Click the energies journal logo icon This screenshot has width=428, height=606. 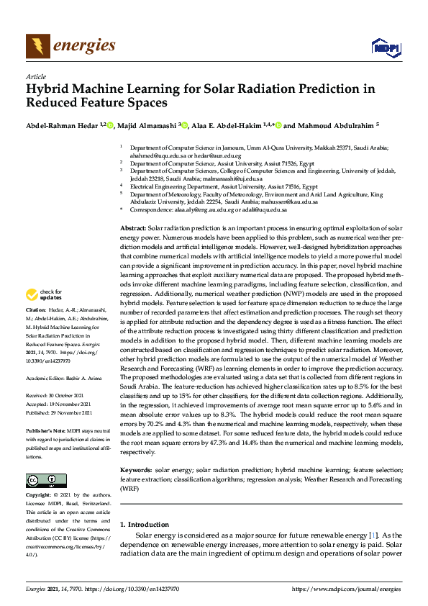[37, 46]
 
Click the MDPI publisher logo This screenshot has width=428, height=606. [381, 47]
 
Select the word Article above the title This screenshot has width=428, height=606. [35, 76]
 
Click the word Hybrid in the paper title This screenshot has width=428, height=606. [47, 90]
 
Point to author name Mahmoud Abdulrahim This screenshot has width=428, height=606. [332, 125]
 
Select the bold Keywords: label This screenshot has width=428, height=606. [137, 470]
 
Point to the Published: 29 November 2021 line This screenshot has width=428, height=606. [62, 413]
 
